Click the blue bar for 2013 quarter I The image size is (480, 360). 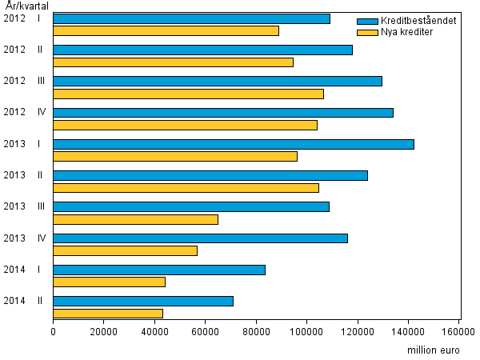234,144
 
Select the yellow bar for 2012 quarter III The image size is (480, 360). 189,94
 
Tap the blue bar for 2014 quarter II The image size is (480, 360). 143,301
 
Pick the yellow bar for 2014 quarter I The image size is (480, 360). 110,282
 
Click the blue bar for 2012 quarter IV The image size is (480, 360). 223,113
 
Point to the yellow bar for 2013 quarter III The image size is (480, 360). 136,219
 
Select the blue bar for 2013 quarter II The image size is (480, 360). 210,175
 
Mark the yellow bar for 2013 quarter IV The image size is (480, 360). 126,250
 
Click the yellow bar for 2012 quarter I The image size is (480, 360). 166,31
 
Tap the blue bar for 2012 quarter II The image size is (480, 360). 203,50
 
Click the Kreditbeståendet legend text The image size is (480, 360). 419,21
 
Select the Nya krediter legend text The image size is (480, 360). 408,32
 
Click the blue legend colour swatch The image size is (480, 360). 367,21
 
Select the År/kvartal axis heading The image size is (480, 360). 23,5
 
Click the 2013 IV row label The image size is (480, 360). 25,238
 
